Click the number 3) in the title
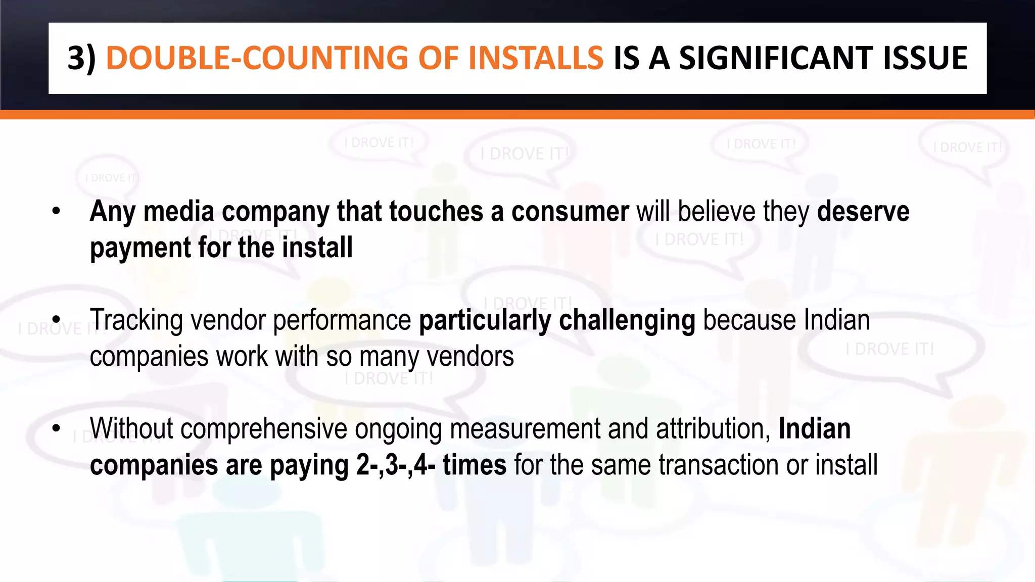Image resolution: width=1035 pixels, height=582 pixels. tap(81, 58)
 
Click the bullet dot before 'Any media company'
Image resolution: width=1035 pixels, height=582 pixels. tap(56, 211)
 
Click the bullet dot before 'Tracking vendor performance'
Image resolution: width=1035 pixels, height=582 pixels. tap(56, 320)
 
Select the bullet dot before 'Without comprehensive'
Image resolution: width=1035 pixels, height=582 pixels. tap(56, 428)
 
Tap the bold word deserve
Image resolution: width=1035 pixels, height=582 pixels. tap(863, 212)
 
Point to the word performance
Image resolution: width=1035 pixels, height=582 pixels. tap(342, 320)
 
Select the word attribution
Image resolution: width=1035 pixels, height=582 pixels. tap(713, 429)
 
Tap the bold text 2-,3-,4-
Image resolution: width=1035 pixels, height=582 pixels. tap(396, 465)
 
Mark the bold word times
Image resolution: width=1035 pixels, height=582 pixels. tap(475, 465)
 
